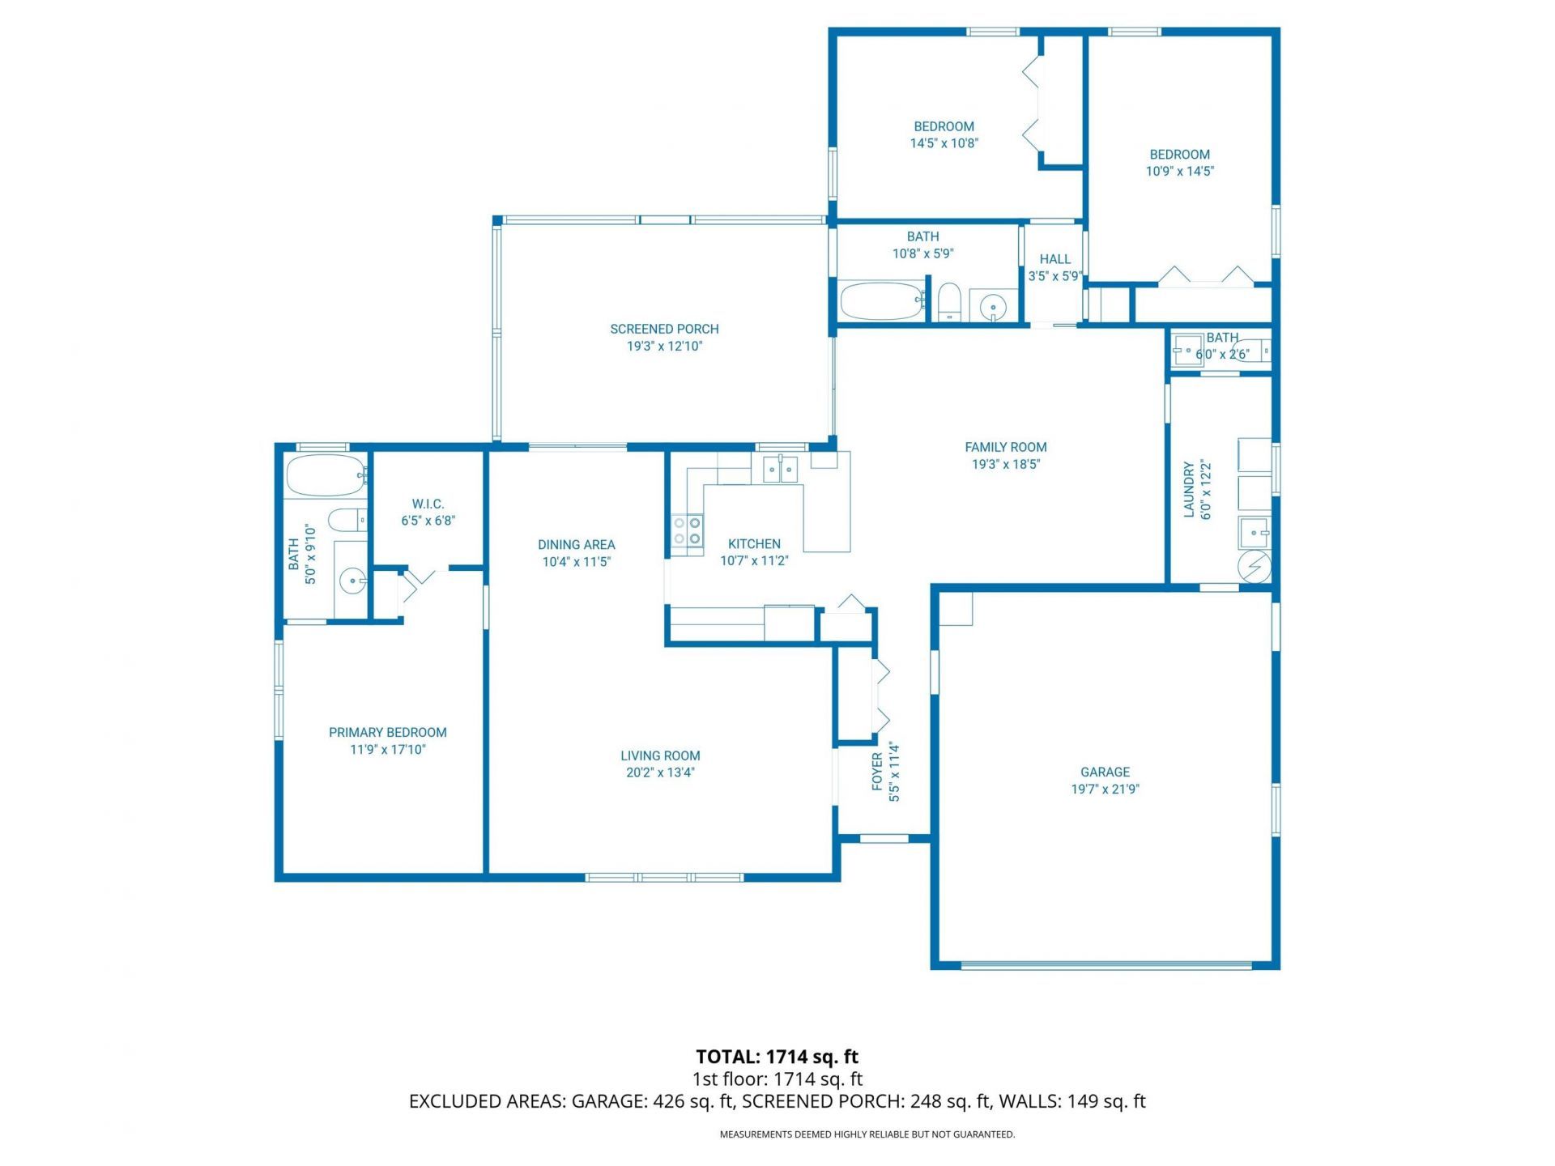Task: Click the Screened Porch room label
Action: [664, 329]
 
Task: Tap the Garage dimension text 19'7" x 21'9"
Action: [1105, 789]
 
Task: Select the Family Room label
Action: [1005, 447]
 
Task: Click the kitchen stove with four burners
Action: [687, 530]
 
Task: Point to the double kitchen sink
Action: [779, 469]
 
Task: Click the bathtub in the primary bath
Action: [324, 476]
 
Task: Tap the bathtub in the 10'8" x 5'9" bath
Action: [881, 301]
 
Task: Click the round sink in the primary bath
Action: [351, 579]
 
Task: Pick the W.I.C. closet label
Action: [428, 504]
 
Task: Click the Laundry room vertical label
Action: [1189, 490]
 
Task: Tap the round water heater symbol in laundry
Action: [1255, 566]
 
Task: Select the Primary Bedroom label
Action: [387, 732]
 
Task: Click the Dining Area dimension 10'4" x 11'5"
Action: [576, 562]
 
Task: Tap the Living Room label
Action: [660, 755]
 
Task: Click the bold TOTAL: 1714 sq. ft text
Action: [777, 1057]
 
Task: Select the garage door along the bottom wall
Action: [1106, 964]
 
